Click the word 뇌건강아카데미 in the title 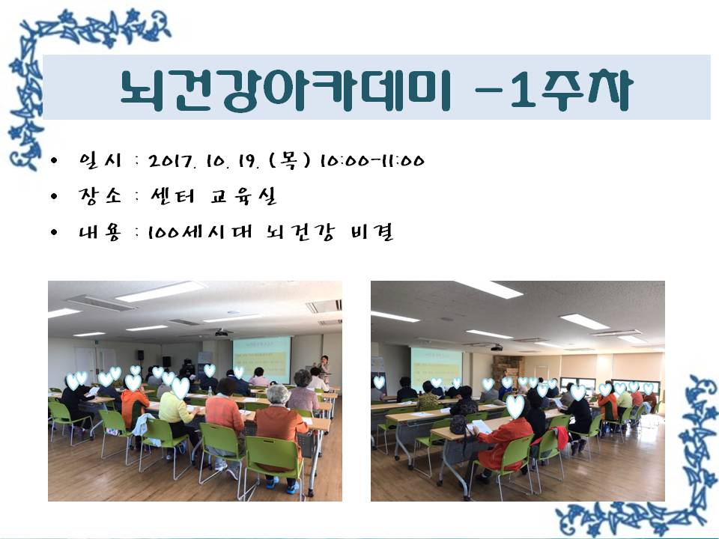click(x=285, y=90)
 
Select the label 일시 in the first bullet click(x=100, y=160)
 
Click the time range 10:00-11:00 click(x=372, y=161)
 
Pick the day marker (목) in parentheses click(x=289, y=160)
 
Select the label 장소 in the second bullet click(x=100, y=195)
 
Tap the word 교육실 click(x=243, y=195)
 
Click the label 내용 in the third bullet click(x=100, y=231)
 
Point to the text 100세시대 click(x=201, y=231)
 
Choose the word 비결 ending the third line click(x=372, y=232)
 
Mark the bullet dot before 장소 click(x=55, y=197)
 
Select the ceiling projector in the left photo click(x=222, y=332)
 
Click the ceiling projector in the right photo click(x=497, y=347)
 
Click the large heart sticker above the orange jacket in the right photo click(x=515, y=406)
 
